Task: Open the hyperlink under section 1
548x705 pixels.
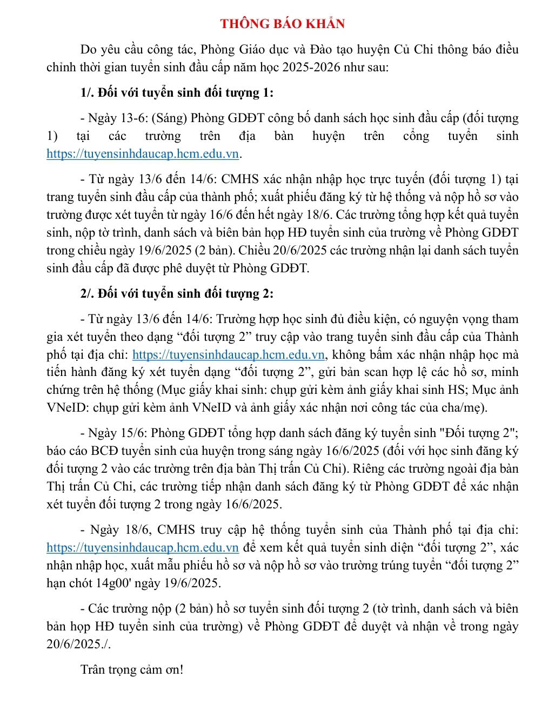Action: click(143, 154)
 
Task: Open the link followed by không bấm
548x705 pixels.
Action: click(228, 355)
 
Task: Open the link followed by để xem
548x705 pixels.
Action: click(143, 548)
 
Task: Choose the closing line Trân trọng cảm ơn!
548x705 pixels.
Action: click(132, 670)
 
